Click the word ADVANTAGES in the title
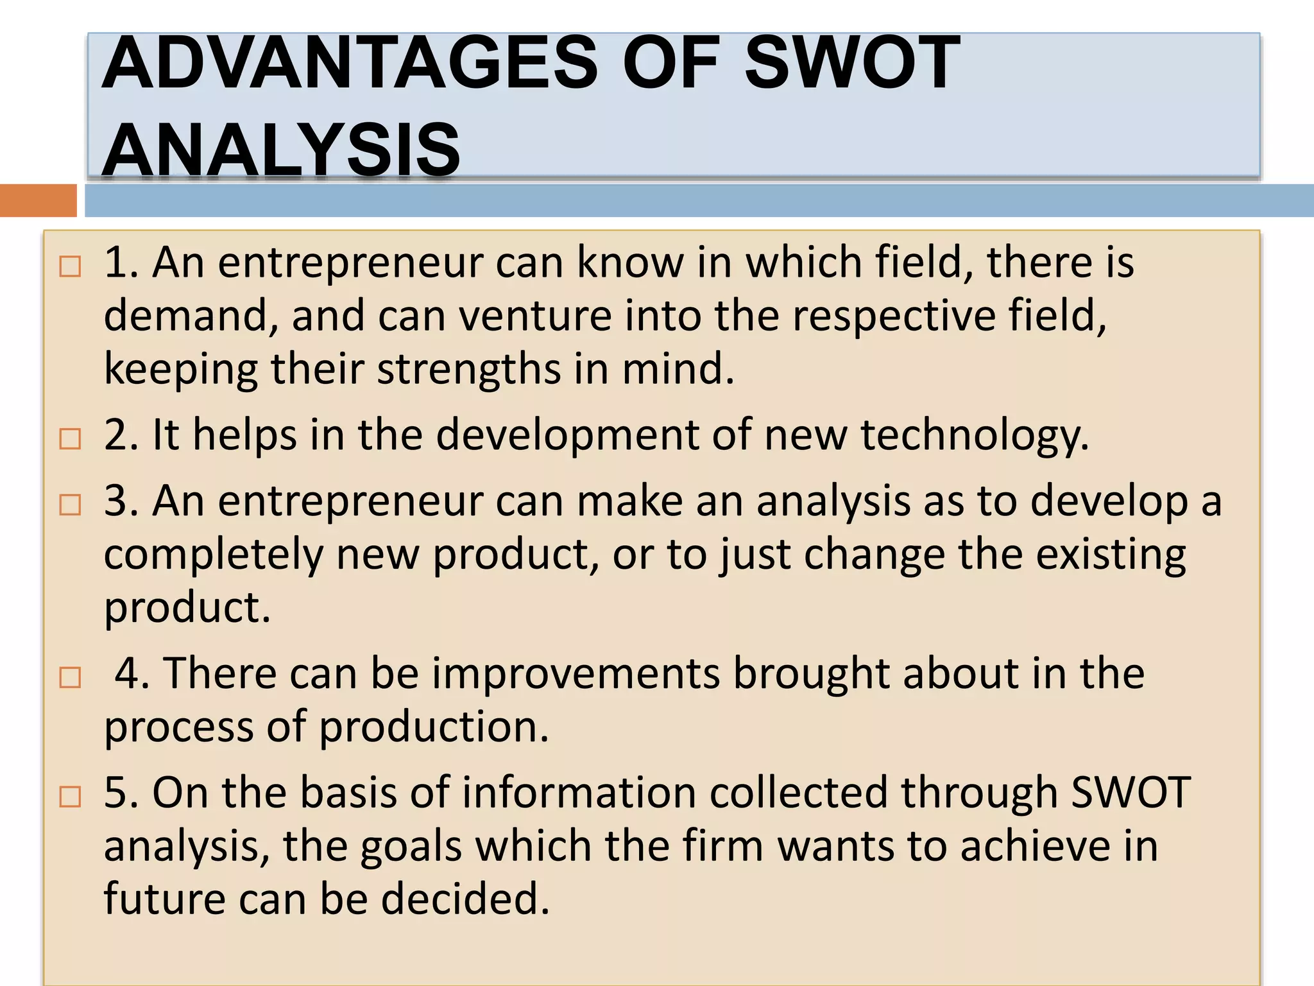[350, 62]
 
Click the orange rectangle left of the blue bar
[38, 200]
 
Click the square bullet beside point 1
[70, 266]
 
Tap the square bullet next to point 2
[70, 439]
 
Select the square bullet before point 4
[70, 677]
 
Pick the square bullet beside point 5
[70, 797]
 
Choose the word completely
[213, 555]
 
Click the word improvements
[576, 674]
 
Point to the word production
[434, 727]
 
